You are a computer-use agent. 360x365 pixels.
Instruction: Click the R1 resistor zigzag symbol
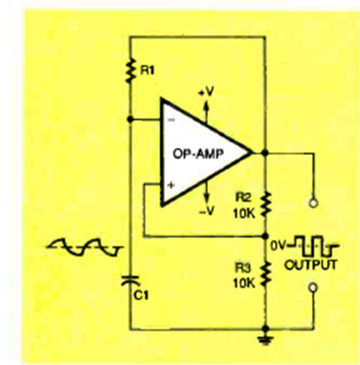pos(130,71)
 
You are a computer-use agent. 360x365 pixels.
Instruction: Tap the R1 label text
pos(147,71)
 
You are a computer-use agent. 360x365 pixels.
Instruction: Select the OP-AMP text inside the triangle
pos(199,153)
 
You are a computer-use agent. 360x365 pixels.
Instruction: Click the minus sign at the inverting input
pos(171,120)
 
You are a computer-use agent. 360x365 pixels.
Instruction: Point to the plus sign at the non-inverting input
pos(171,185)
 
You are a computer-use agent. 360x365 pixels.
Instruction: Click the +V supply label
pos(206,92)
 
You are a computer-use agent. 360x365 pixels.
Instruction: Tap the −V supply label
pos(207,210)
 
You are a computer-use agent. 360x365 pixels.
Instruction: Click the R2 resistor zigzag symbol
pos(265,204)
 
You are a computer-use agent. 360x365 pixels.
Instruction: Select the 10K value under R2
pos(244,214)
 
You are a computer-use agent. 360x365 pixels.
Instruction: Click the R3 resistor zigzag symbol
pos(265,274)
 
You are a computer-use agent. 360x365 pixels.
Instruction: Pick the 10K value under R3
pos(244,283)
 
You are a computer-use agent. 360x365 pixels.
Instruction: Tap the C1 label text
pos(141,295)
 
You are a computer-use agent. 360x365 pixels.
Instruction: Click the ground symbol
pos(266,341)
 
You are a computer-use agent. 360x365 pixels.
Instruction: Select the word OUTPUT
pos(311,265)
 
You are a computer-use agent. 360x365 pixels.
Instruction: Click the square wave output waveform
pos(313,245)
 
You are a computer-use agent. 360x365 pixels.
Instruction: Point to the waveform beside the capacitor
pos(85,247)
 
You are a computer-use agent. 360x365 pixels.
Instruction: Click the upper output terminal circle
pos(313,203)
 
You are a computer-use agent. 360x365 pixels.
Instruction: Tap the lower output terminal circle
pos(313,288)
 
